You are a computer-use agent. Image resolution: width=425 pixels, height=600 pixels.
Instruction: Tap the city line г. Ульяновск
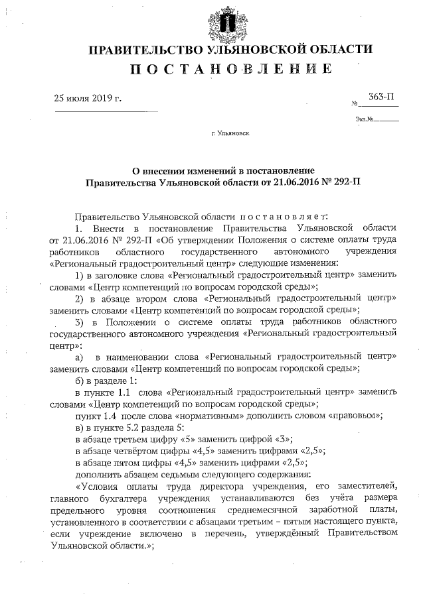point(230,133)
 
